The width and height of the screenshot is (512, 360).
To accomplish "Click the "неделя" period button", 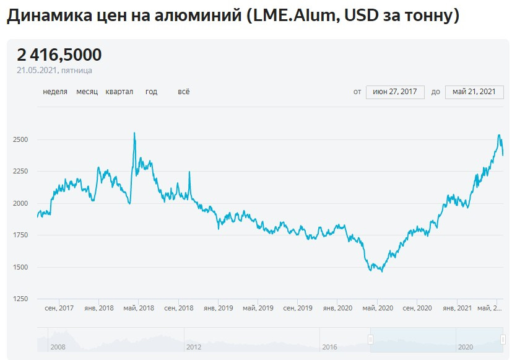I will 55,92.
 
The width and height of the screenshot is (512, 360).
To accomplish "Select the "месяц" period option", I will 87,92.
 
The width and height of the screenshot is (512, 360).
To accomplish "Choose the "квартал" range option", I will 119,92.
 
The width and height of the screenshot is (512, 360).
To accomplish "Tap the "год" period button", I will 151,92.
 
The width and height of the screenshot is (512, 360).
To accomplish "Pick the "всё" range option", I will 183,92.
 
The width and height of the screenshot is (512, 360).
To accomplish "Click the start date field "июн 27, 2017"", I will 395,92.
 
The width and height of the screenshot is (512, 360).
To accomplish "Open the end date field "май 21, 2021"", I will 474,92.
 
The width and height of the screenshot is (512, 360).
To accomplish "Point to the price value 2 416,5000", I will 59,55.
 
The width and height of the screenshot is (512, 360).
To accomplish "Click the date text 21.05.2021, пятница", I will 54,71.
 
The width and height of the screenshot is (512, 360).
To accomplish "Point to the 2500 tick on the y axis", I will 20,139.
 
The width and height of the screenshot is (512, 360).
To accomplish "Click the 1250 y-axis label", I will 20,299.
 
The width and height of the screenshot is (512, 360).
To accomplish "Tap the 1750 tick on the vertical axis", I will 20,235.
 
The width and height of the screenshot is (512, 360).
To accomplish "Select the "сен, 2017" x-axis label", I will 59,308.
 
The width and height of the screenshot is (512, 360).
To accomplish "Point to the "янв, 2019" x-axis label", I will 218,308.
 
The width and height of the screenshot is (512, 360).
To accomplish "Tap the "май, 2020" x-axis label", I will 377,308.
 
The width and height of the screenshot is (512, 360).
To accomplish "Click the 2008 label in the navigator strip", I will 58,347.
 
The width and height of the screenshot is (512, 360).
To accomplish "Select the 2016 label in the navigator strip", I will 329,347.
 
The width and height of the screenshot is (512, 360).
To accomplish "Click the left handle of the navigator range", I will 370,339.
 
